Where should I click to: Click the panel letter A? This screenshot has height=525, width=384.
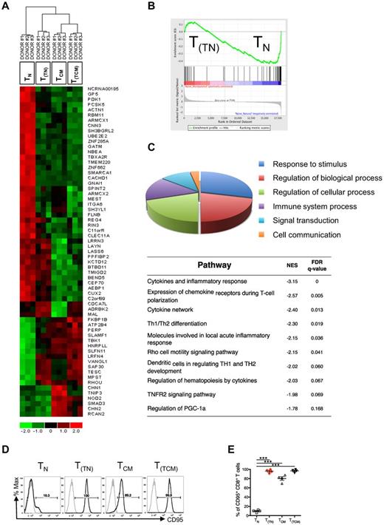pos(7,7)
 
